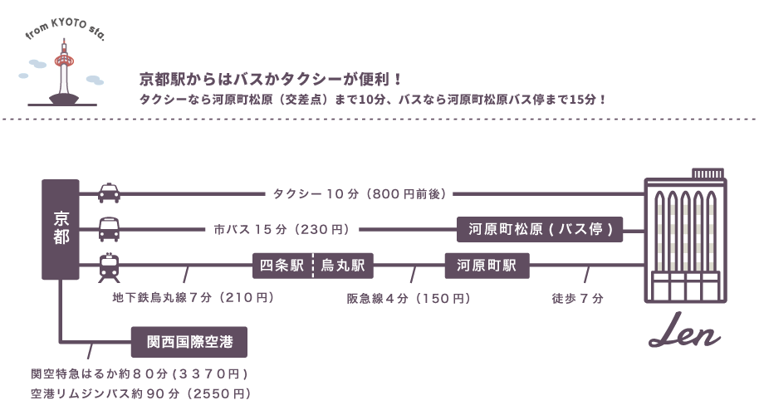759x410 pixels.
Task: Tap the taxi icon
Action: coord(109,193)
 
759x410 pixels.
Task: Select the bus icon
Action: coord(109,227)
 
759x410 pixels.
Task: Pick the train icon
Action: coord(109,266)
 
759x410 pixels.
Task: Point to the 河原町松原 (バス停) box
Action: coord(540,229)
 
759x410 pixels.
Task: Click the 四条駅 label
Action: coord(282,266)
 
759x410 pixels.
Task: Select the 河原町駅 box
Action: coord(487,266)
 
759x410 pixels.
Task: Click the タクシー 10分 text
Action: coord(360,194)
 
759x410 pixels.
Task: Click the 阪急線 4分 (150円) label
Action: coord(409,297)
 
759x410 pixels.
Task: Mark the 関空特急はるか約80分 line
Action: coord(138,373)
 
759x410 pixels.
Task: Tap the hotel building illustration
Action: coord(686,241)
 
